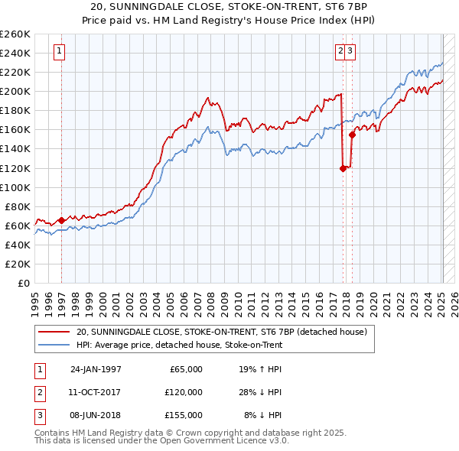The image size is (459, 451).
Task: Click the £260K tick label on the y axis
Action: click(x=15, y=34)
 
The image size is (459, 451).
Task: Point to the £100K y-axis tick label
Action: click(x=15, y=187)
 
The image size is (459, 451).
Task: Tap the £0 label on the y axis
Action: click(x=24, y=284)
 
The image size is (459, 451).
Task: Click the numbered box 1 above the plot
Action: click(x=60, y=52)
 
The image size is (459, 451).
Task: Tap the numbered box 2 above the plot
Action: click(x=340, y=52)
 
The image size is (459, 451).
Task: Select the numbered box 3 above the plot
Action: click(x=350, y=52)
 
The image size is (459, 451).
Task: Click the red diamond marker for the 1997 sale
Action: click(x=61, y=220)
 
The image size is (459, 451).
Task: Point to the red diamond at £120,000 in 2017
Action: click(x=343, y=169)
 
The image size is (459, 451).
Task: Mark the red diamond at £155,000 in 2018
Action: click(x=352, y=135)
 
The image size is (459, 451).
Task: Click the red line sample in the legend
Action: click(x=54, y=333)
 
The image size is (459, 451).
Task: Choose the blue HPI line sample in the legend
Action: click(x=54, y=345)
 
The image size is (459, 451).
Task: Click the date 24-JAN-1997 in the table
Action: click(x=96, y=369)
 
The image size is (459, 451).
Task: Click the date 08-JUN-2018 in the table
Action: click(x=96, y=415)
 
